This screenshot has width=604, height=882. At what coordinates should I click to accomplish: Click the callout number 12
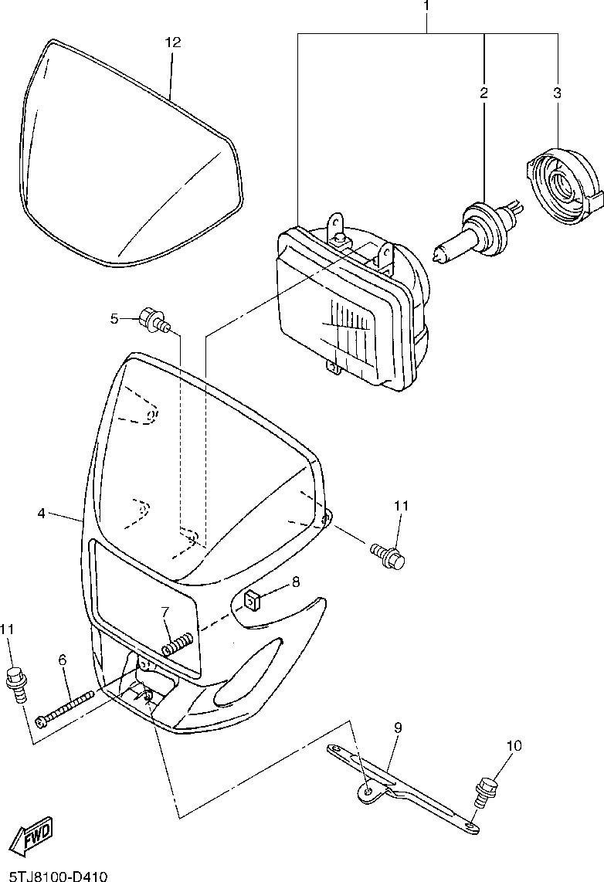pos(172,42)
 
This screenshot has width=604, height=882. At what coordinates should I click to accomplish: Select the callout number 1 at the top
pos(426,6)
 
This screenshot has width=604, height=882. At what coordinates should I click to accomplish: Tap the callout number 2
pos(484,93)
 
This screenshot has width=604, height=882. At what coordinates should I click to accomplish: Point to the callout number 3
pos(556,93)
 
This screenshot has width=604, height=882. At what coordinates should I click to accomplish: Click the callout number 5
pos(114,318)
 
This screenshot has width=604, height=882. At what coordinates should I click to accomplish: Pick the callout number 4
pos(42,513)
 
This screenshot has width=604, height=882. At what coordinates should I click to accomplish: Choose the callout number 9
pos(398,728)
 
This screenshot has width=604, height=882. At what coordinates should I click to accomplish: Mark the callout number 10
pos(514,746)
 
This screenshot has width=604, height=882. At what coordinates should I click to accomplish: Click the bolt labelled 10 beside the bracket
pos(485,790)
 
